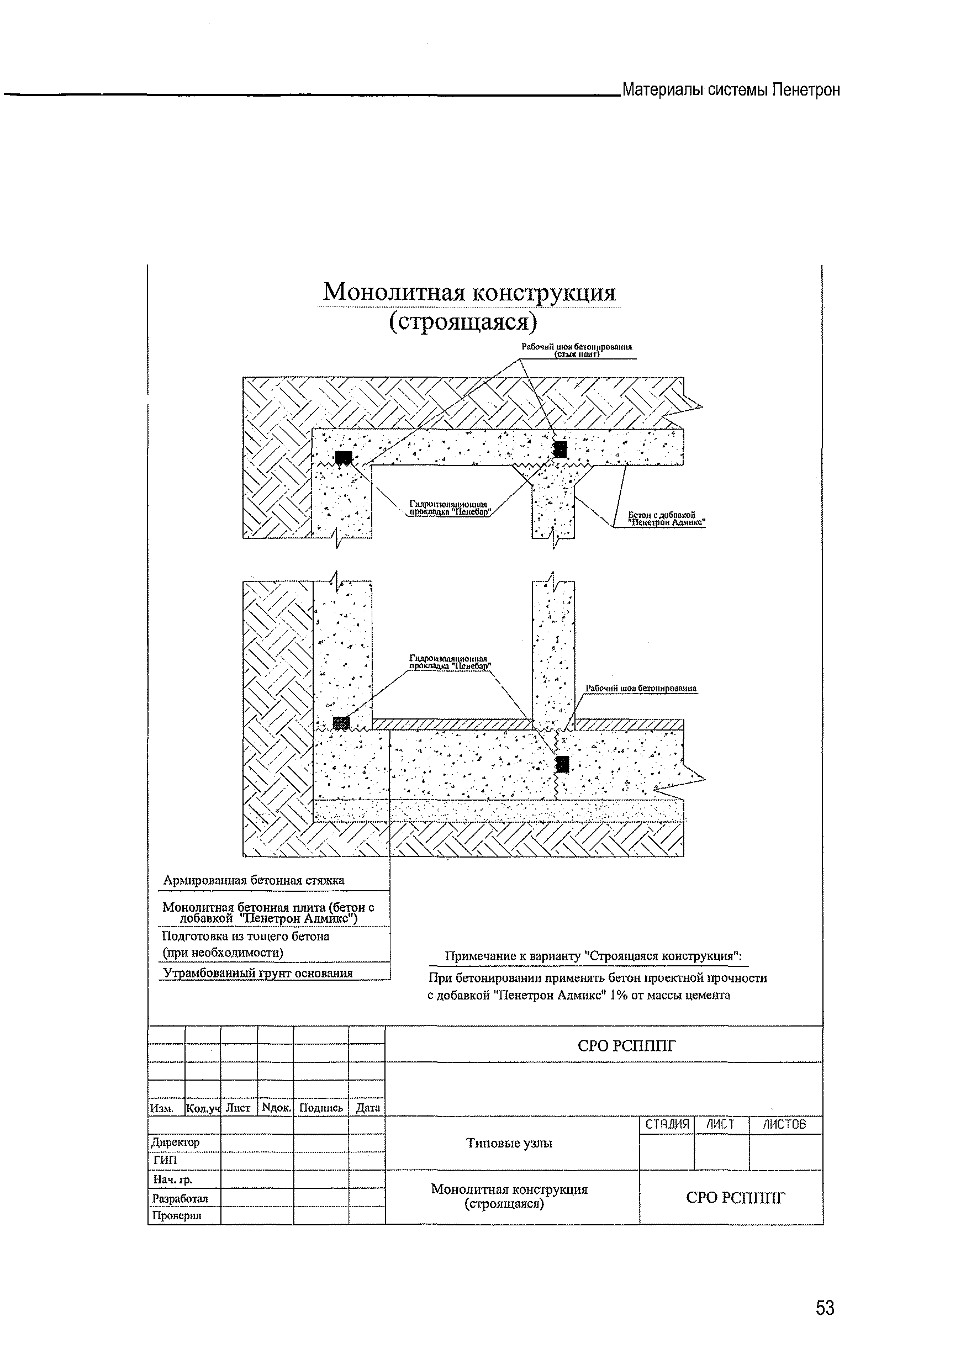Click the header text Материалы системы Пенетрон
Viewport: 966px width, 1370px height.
[730, 90]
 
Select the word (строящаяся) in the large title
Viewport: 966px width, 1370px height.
[463, 322]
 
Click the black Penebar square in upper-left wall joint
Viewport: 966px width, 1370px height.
[342, 457]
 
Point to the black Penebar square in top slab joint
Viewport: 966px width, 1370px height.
[559, 448]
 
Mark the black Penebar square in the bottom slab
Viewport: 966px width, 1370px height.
[562, 764]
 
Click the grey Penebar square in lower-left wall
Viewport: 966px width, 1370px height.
[341, 722]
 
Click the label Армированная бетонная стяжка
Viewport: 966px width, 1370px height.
[254, 880]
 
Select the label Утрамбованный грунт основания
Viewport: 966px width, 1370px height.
[258, 973]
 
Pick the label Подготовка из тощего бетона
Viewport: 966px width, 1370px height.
[246, 936]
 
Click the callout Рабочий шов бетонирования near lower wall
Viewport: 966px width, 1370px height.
[640, 688]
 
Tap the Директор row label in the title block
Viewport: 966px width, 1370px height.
[176, 1142]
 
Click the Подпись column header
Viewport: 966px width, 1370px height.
[321, 1108]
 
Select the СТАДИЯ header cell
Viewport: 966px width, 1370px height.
[667, 1124]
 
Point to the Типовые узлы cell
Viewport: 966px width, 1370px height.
[509, 1142]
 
